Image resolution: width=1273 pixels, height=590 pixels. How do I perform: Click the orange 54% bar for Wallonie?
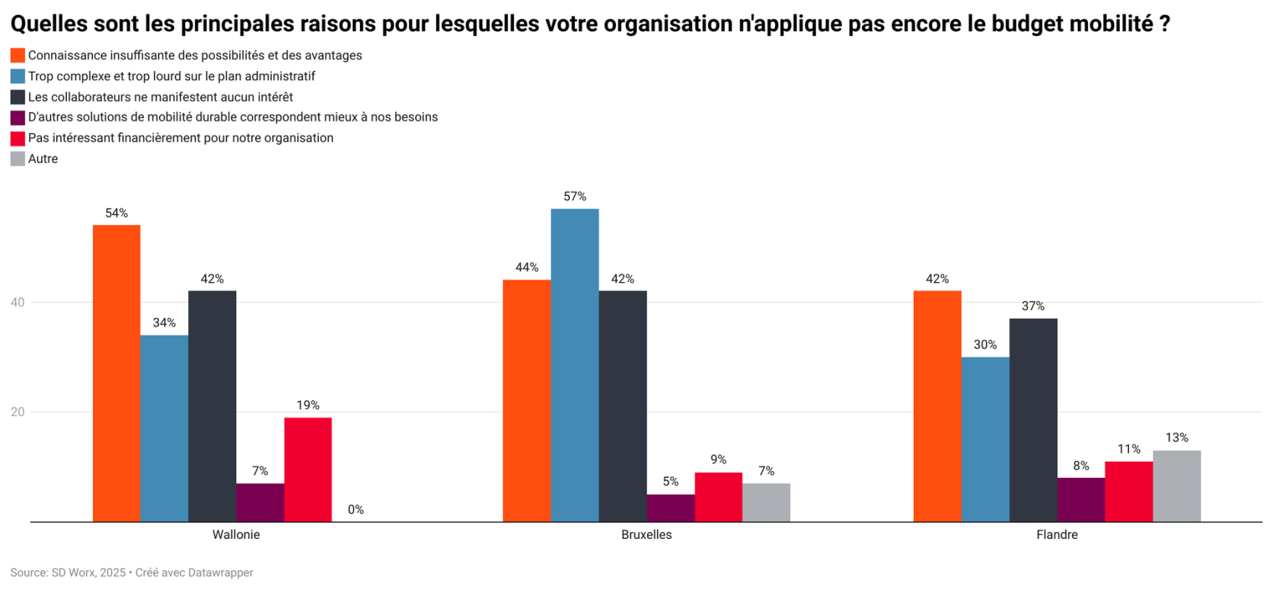coord(116,373)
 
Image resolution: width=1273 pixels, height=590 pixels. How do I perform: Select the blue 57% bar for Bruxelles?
coord(575,365)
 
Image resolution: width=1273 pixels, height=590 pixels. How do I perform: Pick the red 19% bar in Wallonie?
coord(308,470)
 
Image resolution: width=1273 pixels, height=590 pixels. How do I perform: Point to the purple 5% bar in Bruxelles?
coord(670,508)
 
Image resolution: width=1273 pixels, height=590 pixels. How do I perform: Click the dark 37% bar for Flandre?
coord(1033,420)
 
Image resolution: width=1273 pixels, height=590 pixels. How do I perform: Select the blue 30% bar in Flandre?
coord(985,439)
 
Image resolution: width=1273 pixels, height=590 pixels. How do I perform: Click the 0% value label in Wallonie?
coord(356,510)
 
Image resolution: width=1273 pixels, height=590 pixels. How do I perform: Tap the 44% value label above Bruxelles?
coord(527,268)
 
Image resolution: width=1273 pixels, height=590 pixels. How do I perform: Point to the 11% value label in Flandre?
coord(1128,449)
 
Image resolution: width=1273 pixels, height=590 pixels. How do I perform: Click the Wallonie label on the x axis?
coord(236,535)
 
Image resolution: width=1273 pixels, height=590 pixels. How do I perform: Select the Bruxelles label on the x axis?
coord(646,535)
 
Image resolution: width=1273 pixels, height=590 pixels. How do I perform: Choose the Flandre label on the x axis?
coord(1057,535)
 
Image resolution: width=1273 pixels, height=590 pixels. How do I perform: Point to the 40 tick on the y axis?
coord(18,303)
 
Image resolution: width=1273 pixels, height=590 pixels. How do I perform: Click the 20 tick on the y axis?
coord(18,412)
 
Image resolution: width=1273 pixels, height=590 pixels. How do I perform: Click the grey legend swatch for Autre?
coord(18,159)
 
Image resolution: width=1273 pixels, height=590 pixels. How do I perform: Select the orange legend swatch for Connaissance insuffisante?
coord(18,56)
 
